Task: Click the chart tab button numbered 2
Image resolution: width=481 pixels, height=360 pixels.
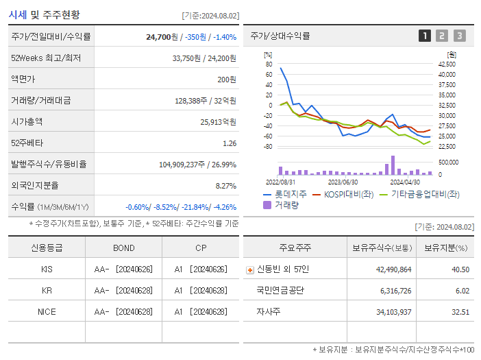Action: tap(442, 36)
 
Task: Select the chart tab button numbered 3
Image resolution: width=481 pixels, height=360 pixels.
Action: tap(459, 36)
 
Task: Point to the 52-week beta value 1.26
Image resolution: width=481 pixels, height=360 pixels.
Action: tap(230, 143)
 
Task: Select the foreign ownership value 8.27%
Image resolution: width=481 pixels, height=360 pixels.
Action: tap(225, 186)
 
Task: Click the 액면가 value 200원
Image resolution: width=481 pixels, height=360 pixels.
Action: tap(227, 80)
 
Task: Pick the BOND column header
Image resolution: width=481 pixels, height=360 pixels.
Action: tap(123, 248)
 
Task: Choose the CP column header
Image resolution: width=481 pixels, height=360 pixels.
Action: tap(200, 248)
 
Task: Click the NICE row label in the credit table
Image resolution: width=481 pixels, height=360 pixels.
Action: tap(47, 312)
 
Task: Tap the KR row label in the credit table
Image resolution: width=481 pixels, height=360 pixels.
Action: tap(47, 291)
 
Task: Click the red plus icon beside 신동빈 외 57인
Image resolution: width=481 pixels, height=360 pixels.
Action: tap(249, 269)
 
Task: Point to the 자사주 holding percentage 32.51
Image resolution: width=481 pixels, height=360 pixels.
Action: tap(461, 312)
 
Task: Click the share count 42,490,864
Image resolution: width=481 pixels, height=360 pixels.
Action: tap(393, 269)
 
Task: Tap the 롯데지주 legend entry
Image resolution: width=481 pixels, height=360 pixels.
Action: tap(287, 195)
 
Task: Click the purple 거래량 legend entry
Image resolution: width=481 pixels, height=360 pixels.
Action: tap(286, 205)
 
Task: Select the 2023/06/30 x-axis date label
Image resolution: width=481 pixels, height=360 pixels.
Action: tap(343, 182)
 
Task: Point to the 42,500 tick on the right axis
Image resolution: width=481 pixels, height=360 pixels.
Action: tap(447, 64)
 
